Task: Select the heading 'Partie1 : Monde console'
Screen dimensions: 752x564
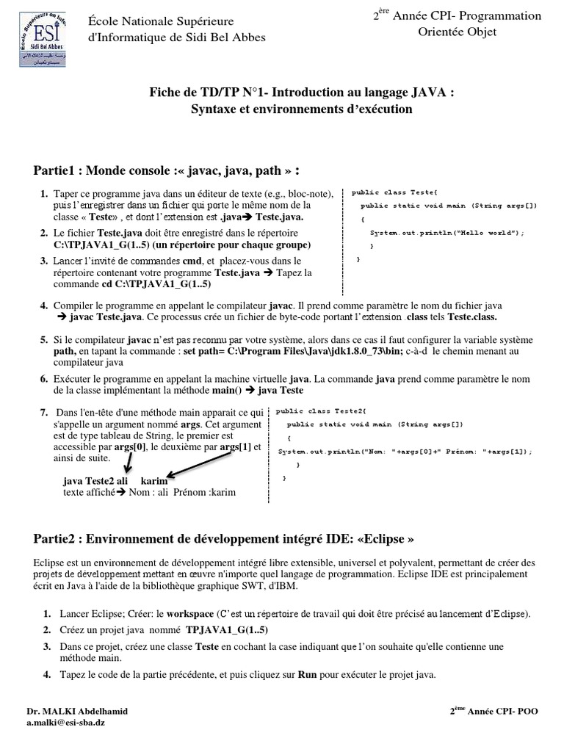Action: pos(166,171)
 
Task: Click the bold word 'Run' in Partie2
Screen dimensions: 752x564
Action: pos(306,674)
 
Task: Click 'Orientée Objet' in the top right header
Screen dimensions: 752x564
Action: pos(457,31)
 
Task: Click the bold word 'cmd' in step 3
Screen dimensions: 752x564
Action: pos(192,261)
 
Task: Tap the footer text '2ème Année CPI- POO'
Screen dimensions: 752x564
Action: pos(497,712)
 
